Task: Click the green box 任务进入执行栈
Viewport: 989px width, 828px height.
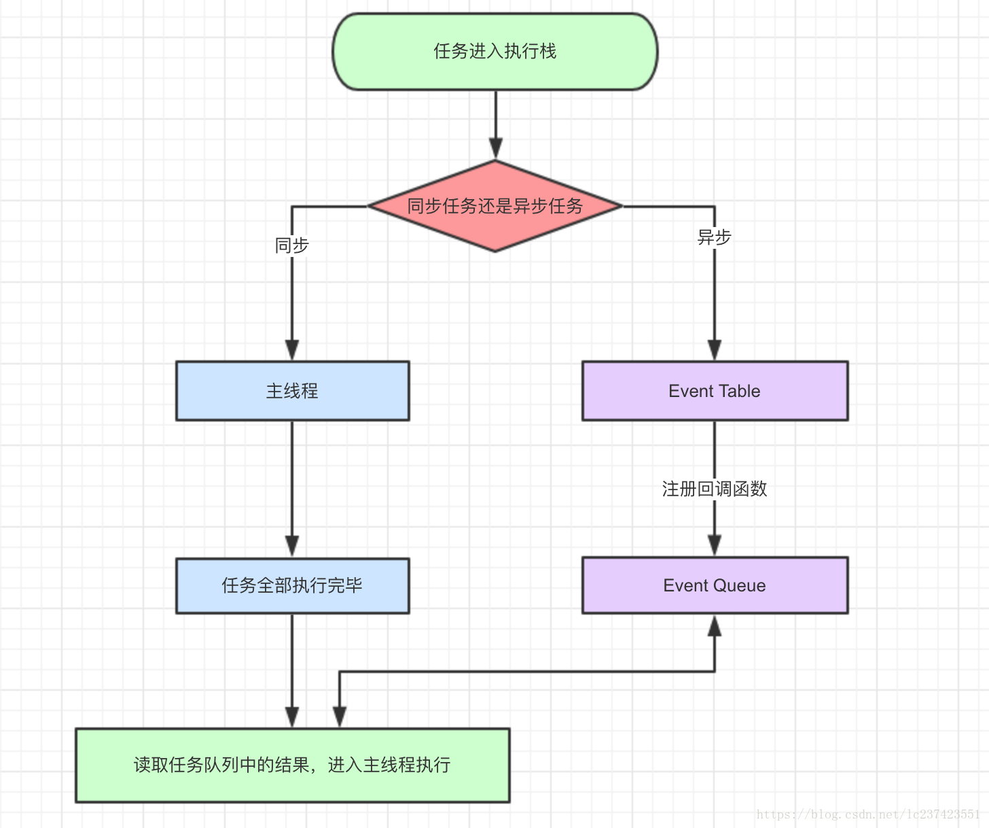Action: tap(494, 52)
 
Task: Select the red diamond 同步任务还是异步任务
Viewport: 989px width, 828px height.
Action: tap(494, 206)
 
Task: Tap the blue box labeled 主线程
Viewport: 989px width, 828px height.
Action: tap(292, 391)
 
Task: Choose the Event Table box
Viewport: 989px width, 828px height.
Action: tap(715, 391)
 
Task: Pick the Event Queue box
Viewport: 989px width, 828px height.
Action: tap(715, 585)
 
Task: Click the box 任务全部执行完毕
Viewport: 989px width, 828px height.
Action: tap(292, 585)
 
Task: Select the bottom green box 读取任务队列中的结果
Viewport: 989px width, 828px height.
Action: tap(292, 765)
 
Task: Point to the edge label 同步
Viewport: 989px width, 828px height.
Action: tap(292, 245)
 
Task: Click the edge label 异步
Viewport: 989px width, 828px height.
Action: tap(715, 237)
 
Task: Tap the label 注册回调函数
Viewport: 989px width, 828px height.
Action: tap(715, 489)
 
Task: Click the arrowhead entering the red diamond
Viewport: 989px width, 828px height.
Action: tap(496, 148)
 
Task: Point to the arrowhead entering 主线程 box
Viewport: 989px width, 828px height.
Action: tap(292, 349)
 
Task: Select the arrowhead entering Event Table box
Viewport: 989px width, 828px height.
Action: tap(715, 349)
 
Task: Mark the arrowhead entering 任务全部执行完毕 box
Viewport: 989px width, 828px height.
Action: tap(292, 546)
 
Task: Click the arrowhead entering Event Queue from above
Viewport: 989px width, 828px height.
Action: tap(715, 545)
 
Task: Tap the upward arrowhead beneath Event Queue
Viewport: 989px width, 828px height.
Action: tap(715, 626)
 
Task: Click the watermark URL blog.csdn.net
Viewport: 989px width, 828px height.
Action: tap(867, 814)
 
